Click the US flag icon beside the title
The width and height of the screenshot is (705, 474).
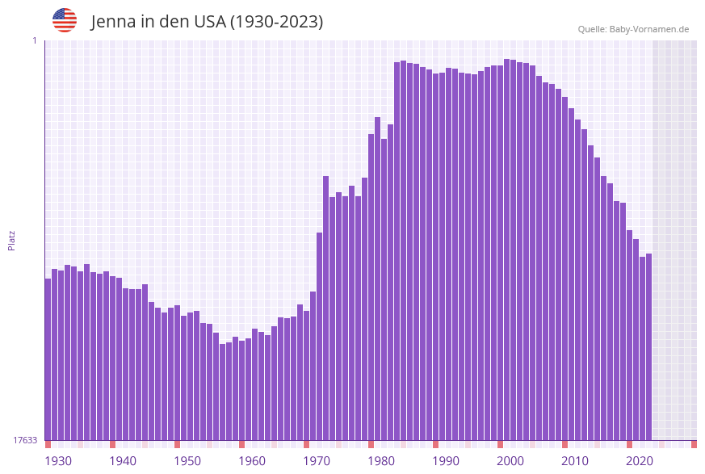(65, 20)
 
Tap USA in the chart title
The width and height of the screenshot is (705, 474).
(209, 22)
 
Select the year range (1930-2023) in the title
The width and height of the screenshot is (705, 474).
(277, 22)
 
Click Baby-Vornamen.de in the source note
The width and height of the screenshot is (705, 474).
(649, 29)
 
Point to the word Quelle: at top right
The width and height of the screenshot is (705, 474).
(592, 29)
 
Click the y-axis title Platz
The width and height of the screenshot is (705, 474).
(12, 241)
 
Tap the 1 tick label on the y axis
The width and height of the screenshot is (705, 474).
(34, 40)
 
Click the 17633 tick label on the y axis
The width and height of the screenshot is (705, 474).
(25, 440)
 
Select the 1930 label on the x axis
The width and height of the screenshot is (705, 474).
(57, 461)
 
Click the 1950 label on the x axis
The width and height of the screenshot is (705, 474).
(187, 461)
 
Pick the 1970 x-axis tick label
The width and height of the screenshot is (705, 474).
(316, 461)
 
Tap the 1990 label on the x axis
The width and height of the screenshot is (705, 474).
(445, 461)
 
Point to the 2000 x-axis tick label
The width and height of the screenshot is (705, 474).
(510, 461)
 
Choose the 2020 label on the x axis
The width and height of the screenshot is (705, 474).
(639, 461)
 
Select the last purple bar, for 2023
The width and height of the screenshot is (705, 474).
(648, 347)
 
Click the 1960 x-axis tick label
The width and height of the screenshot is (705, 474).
(251, 461)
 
